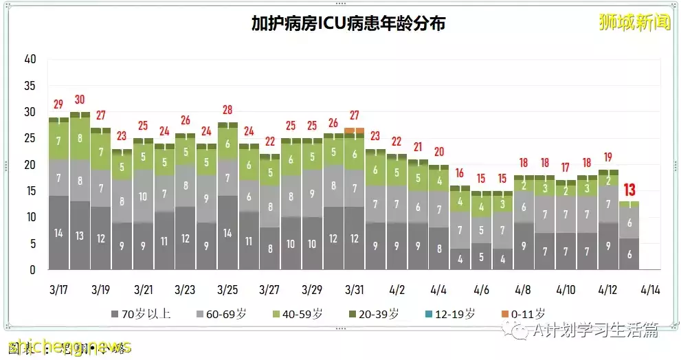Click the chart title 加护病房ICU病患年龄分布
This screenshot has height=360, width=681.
(x=348, y=24)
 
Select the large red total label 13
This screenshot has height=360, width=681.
(x=629, y=190)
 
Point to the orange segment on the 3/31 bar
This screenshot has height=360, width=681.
(x=354, y=131)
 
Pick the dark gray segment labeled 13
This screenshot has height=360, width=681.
(x=80, y=236)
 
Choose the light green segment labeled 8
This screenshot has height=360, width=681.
(x=80, y=137)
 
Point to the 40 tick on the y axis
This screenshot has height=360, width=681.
(x=30, y=60)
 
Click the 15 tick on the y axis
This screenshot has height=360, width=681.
(x=30, y=191)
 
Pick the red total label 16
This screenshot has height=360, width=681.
(x=459, y=173)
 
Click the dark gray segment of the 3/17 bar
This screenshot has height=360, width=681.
(x=58, y=233)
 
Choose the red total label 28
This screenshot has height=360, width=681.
(x=227, y=110)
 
